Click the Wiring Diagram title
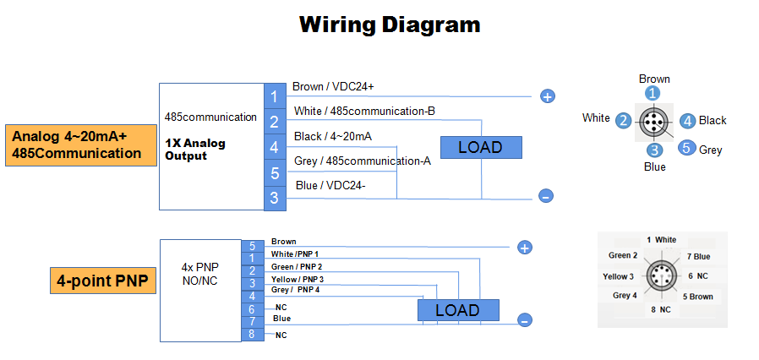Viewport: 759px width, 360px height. [390, 25]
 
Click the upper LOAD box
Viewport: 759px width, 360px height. [480, 147]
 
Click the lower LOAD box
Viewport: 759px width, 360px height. [457, 310]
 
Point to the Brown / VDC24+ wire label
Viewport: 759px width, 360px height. [333, 86]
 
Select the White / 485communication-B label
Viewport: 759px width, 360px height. [363, 111]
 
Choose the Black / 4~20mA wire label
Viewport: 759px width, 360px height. [333, 136]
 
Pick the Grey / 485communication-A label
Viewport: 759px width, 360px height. [363, 161]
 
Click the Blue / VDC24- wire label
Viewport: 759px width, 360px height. [330, 185]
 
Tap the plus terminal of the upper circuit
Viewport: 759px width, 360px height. [547, 96]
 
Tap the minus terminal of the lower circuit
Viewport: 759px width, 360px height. [524, 320]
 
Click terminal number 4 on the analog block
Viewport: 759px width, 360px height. [274, 148]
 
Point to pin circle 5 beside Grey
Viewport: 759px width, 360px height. [686, 148]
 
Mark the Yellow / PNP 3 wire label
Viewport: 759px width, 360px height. [297, 279]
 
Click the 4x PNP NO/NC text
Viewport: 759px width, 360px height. [199, 274]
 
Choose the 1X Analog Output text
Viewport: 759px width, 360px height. [196, 150]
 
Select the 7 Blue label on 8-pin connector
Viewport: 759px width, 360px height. [698, 256]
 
